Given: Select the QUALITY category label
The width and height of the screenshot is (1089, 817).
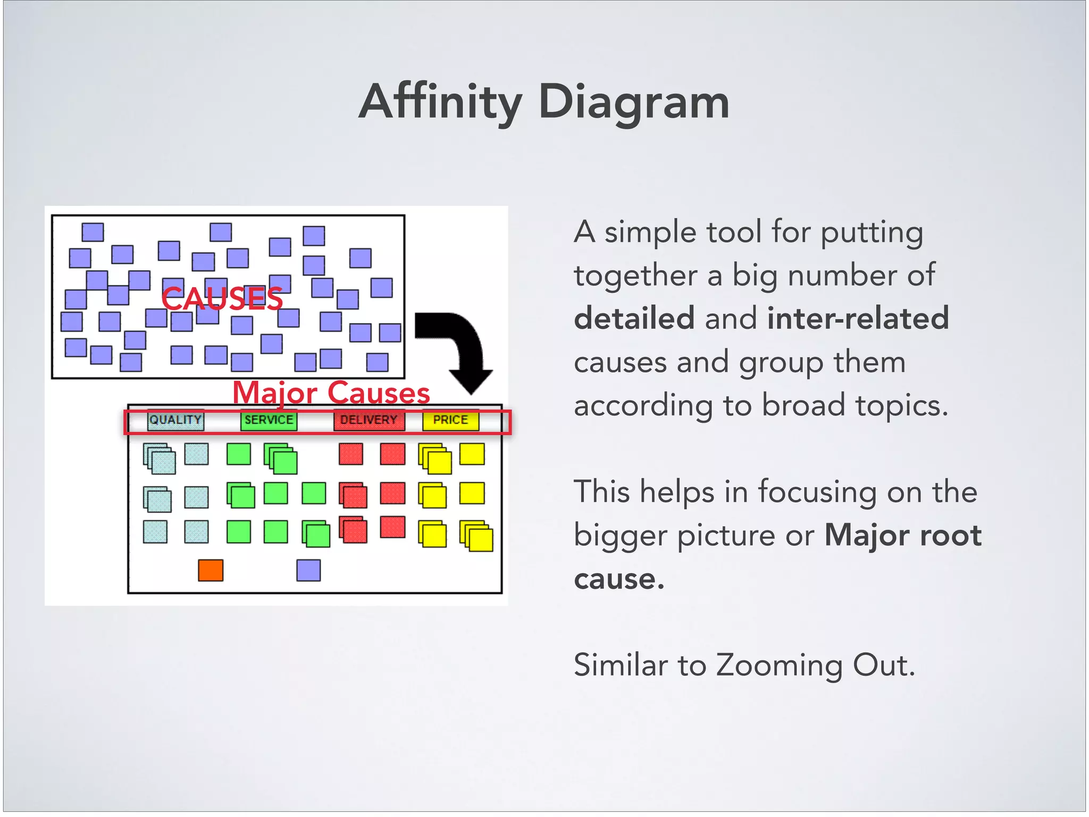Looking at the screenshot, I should click(x=175, y=420).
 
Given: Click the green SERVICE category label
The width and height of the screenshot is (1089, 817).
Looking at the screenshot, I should click(x=269, y=420).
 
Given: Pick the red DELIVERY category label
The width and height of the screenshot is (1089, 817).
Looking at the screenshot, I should click(x=368, y=420).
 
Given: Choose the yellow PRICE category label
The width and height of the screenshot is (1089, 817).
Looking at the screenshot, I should click(x=450, y=420).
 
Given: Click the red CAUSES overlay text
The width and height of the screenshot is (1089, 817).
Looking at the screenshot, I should click(x=222, y=298).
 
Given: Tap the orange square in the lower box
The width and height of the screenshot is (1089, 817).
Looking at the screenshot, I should click(x=211, y=570).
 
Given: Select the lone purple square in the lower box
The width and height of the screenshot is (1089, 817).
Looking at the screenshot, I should click(x=308, y=570).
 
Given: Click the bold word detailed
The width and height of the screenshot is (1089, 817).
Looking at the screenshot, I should click(x=634, y=318).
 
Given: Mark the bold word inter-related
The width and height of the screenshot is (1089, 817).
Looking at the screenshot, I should click(x=858, y=318).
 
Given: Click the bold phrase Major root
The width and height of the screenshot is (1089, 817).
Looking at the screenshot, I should click(x=903, y=535).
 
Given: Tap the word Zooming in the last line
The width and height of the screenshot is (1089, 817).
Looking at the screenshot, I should click(x=779, y=665).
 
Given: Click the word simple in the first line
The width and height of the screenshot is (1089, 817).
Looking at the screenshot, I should click(x=650, y=232).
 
